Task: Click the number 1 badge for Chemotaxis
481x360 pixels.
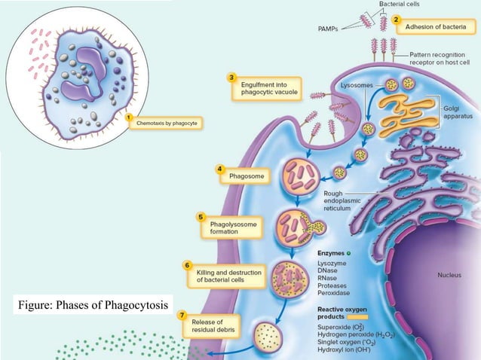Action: coord(129,117)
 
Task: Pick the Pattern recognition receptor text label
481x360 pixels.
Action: coord(445,59)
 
